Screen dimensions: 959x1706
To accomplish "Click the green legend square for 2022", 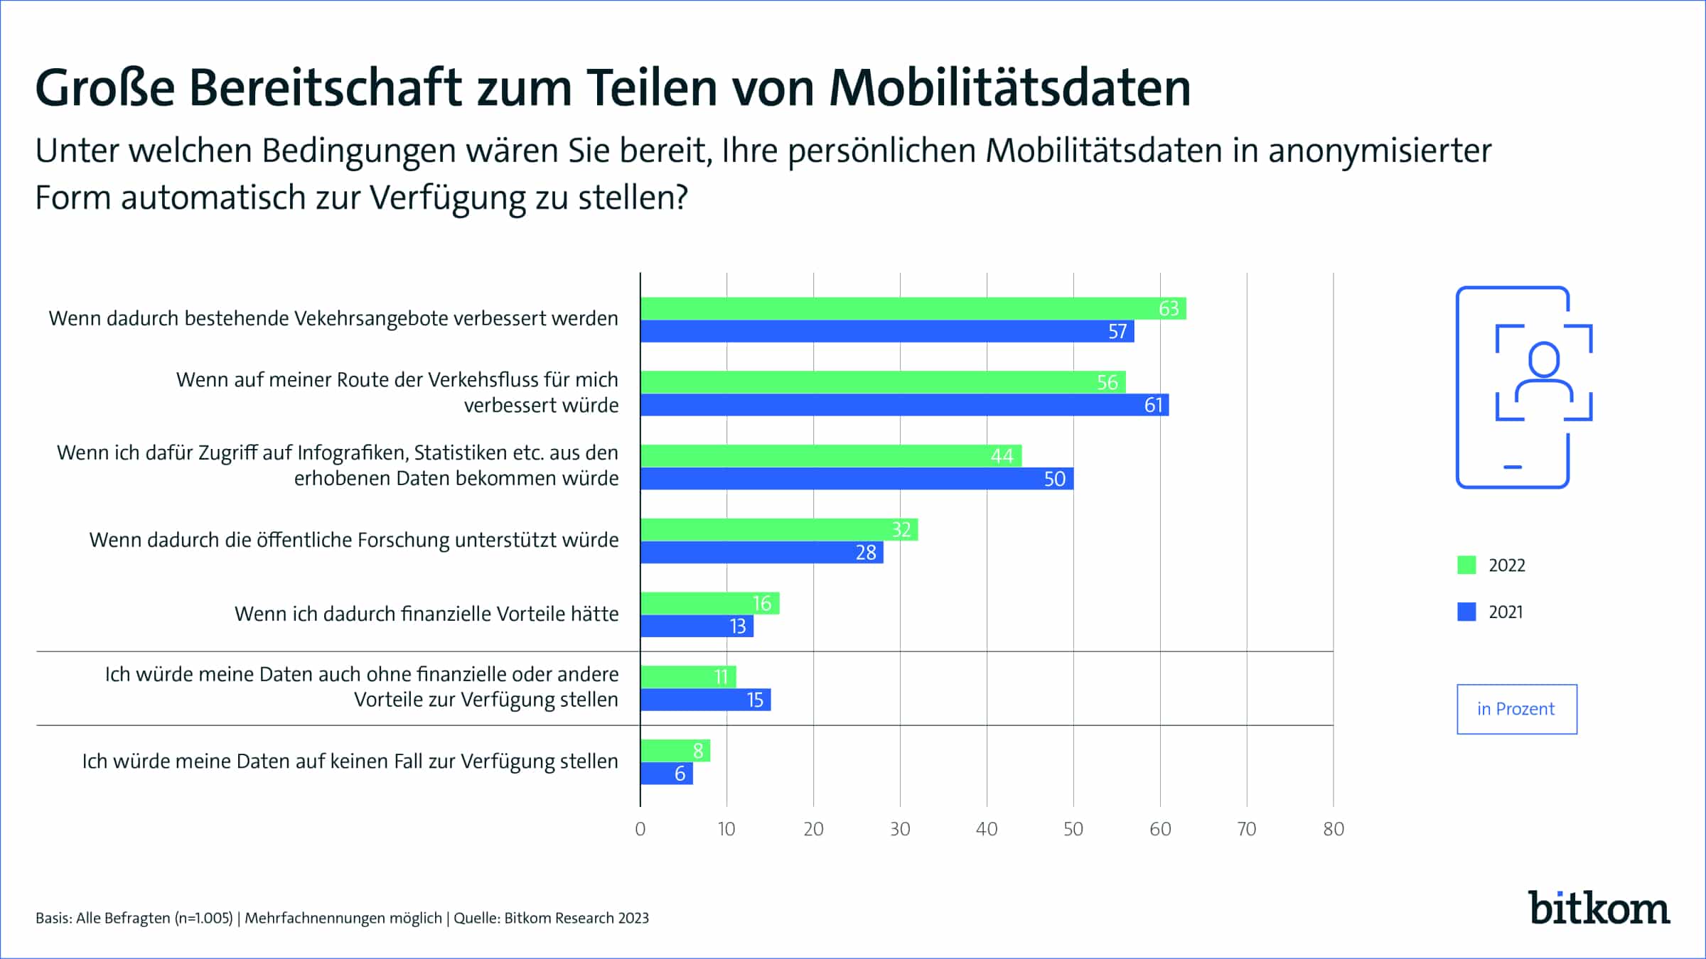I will [1466, 565].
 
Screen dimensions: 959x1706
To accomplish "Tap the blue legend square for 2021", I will [1466, 612].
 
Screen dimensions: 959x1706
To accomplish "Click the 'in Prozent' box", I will [1516, 709].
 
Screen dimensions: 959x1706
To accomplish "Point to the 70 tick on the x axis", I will [1247, 829].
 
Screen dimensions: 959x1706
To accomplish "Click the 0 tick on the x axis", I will [640, 829].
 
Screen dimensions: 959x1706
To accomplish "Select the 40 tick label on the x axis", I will [987, 829].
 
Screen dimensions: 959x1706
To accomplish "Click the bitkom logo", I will [1599, 909].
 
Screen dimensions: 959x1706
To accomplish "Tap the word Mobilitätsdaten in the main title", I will [1009, 88].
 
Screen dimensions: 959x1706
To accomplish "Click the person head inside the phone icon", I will [1544, 359].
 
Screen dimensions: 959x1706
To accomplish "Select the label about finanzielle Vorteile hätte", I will [426, 614].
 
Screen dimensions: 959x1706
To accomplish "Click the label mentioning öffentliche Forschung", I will [354, 540].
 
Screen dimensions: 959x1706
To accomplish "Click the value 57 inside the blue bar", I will [1117, 332].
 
